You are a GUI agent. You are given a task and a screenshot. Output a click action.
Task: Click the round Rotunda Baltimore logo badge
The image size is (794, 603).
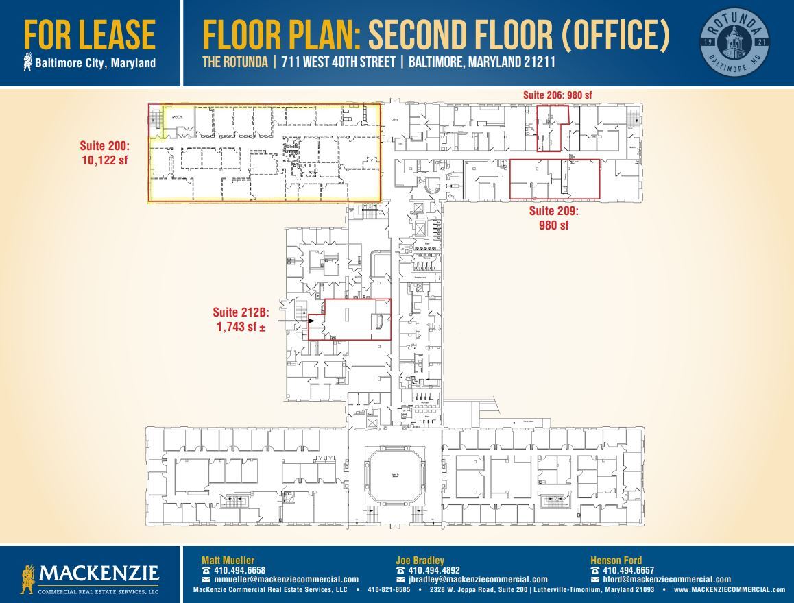click(x=734, y=42)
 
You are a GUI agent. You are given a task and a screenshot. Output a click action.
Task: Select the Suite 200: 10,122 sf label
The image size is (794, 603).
click(x=105, y=152)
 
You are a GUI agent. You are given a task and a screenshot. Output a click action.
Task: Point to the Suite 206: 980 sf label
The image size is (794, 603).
click(x=557, y=95)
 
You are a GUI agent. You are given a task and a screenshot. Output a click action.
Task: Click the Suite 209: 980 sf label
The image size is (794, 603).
click(x=553, y=218)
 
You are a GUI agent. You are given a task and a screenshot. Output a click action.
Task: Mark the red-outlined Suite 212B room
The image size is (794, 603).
click(x=350, y=319)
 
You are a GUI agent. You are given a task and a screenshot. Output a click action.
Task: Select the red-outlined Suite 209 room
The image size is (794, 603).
click(x=554, y=179)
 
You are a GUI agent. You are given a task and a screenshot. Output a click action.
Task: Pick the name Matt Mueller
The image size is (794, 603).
click(x=228, y=561)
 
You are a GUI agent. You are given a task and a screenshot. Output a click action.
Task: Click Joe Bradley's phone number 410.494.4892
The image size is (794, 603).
click(x=433, y=570)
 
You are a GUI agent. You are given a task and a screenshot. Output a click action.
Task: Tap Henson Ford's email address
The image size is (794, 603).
click(x=666, y=579)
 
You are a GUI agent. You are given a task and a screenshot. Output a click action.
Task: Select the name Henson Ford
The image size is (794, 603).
click(x=616, y=561)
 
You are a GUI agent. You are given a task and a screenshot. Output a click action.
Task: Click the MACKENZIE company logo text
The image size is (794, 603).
click(x=100, y=573)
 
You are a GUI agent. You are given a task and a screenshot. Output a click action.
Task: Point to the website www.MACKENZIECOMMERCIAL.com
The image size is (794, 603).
click(x=730, y=589)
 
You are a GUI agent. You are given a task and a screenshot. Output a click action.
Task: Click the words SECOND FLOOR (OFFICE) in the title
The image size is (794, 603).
click(x=518, y=36)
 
